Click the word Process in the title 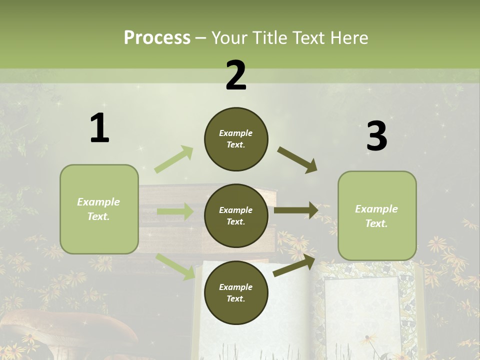click(x=157, y=37)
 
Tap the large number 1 click(x=99, y=128)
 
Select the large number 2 click(x=236, y=75)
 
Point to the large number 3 click(x=376, y=136)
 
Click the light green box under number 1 click(x=99, y=209)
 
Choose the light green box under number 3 click(x=377, y=216)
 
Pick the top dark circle click(x=236, y=139)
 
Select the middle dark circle click(x=236, y=216)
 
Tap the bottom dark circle click(x=236, y=293)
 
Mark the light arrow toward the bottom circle click(x=175, y=266)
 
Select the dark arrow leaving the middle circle click(x=296, y=210)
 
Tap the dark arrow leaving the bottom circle click(x=294, y=265)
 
